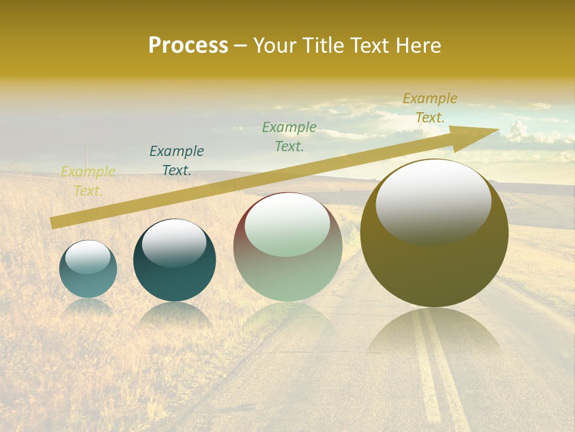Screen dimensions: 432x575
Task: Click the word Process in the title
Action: point(188,46)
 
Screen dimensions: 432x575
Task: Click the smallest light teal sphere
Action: point(88,279)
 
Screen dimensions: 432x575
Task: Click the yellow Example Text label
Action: point(88,181)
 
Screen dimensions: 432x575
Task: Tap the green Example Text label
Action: point(289,136)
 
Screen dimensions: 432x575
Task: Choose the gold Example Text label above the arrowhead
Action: point(429,108)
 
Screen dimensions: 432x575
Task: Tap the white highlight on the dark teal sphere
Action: point(174,242)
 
